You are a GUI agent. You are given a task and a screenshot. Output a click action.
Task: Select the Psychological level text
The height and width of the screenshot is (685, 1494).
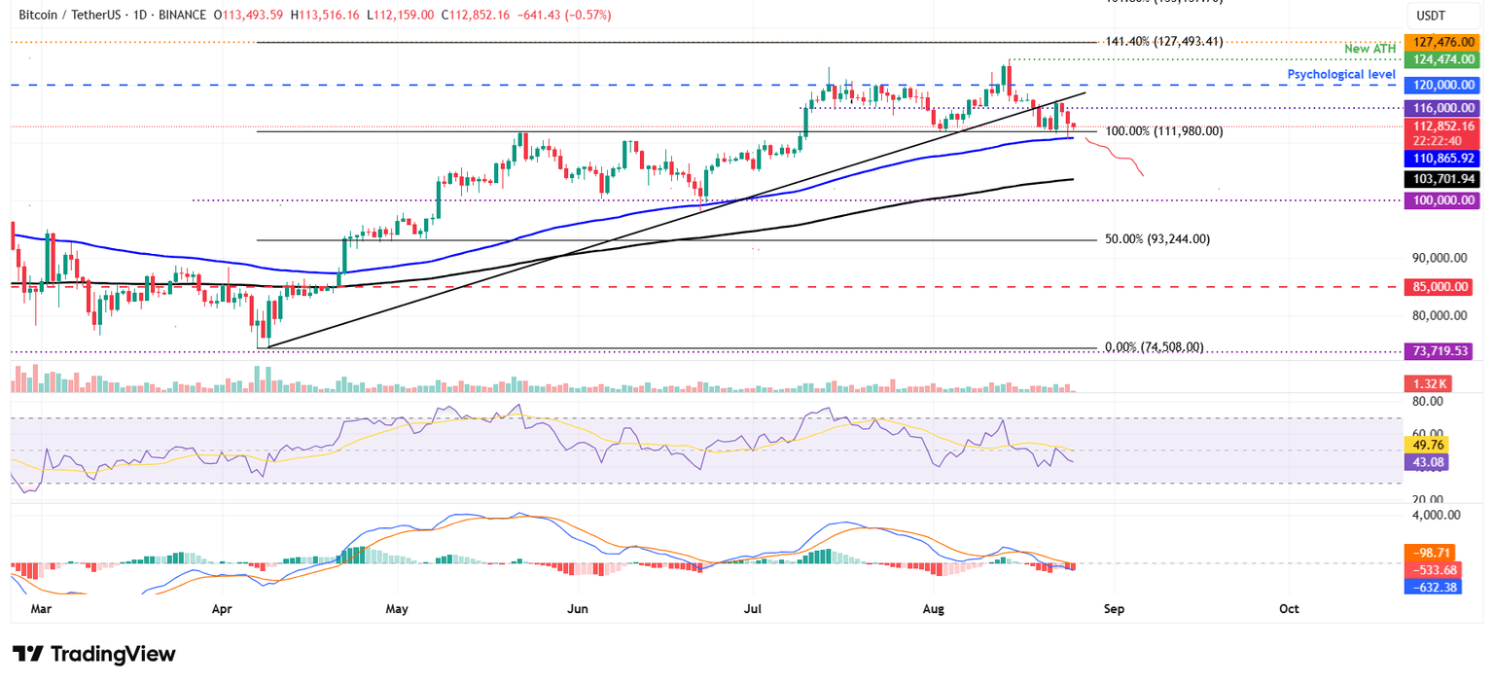click(1341, 74)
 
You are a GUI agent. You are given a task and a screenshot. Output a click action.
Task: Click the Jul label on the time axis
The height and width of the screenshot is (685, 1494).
click(752, 609)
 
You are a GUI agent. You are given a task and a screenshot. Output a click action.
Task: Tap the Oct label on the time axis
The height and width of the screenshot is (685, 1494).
click(1289, 609)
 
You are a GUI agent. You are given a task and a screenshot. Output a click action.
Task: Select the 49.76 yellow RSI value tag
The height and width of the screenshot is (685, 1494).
click(1430, 444)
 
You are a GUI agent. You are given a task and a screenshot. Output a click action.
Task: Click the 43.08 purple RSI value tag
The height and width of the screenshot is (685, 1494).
click(1430, 462)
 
